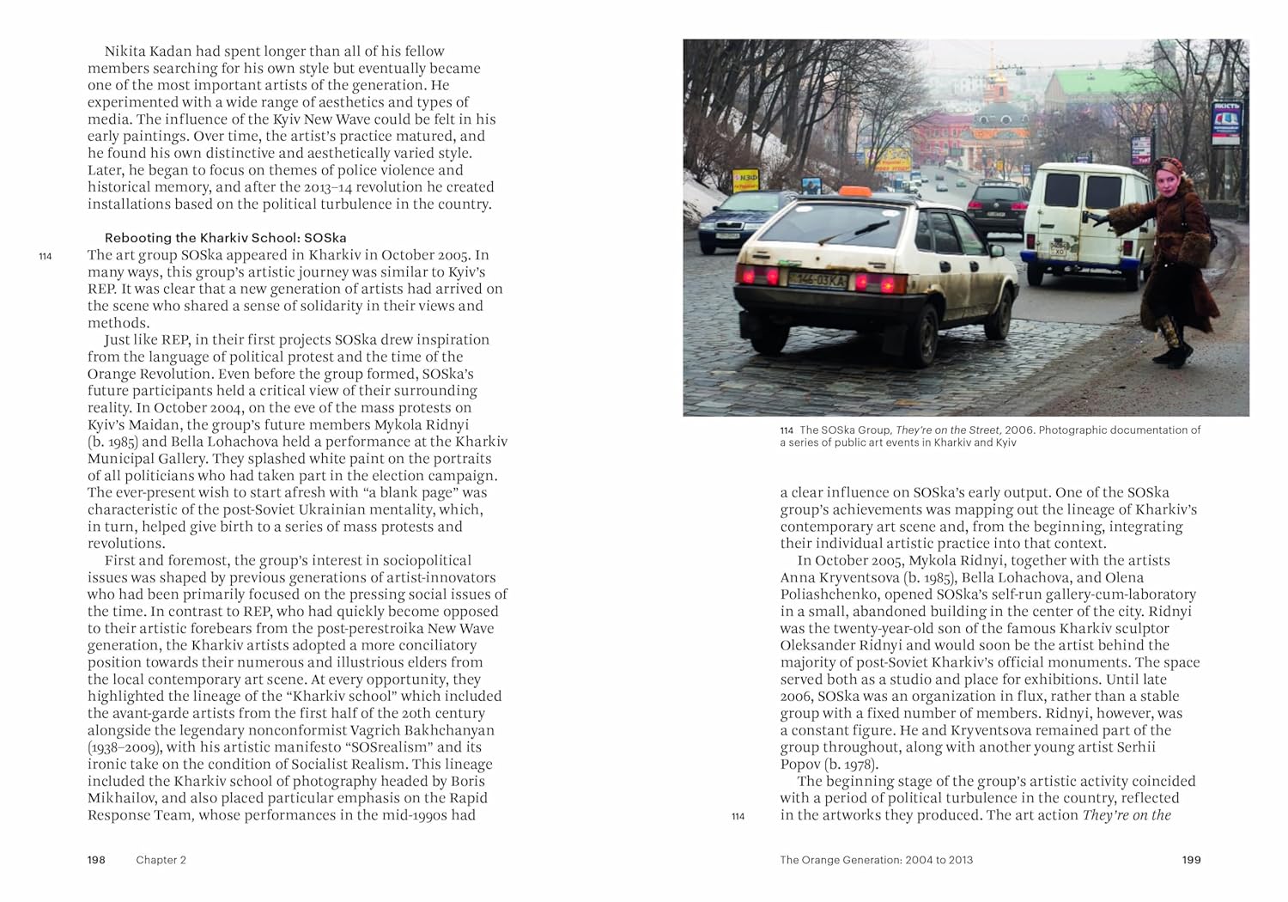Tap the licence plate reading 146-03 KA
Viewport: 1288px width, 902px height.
818,279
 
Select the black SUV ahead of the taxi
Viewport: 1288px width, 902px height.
996,205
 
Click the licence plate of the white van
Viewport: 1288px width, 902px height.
1059,249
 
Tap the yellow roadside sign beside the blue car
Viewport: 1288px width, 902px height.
744,180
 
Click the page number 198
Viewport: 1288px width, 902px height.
96,860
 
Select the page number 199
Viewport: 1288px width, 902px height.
1191,860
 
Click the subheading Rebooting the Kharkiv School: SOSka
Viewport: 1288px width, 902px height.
225,238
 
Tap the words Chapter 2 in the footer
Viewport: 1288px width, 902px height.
161,860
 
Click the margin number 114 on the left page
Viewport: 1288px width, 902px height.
46,256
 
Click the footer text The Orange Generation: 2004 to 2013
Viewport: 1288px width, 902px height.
876,860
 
